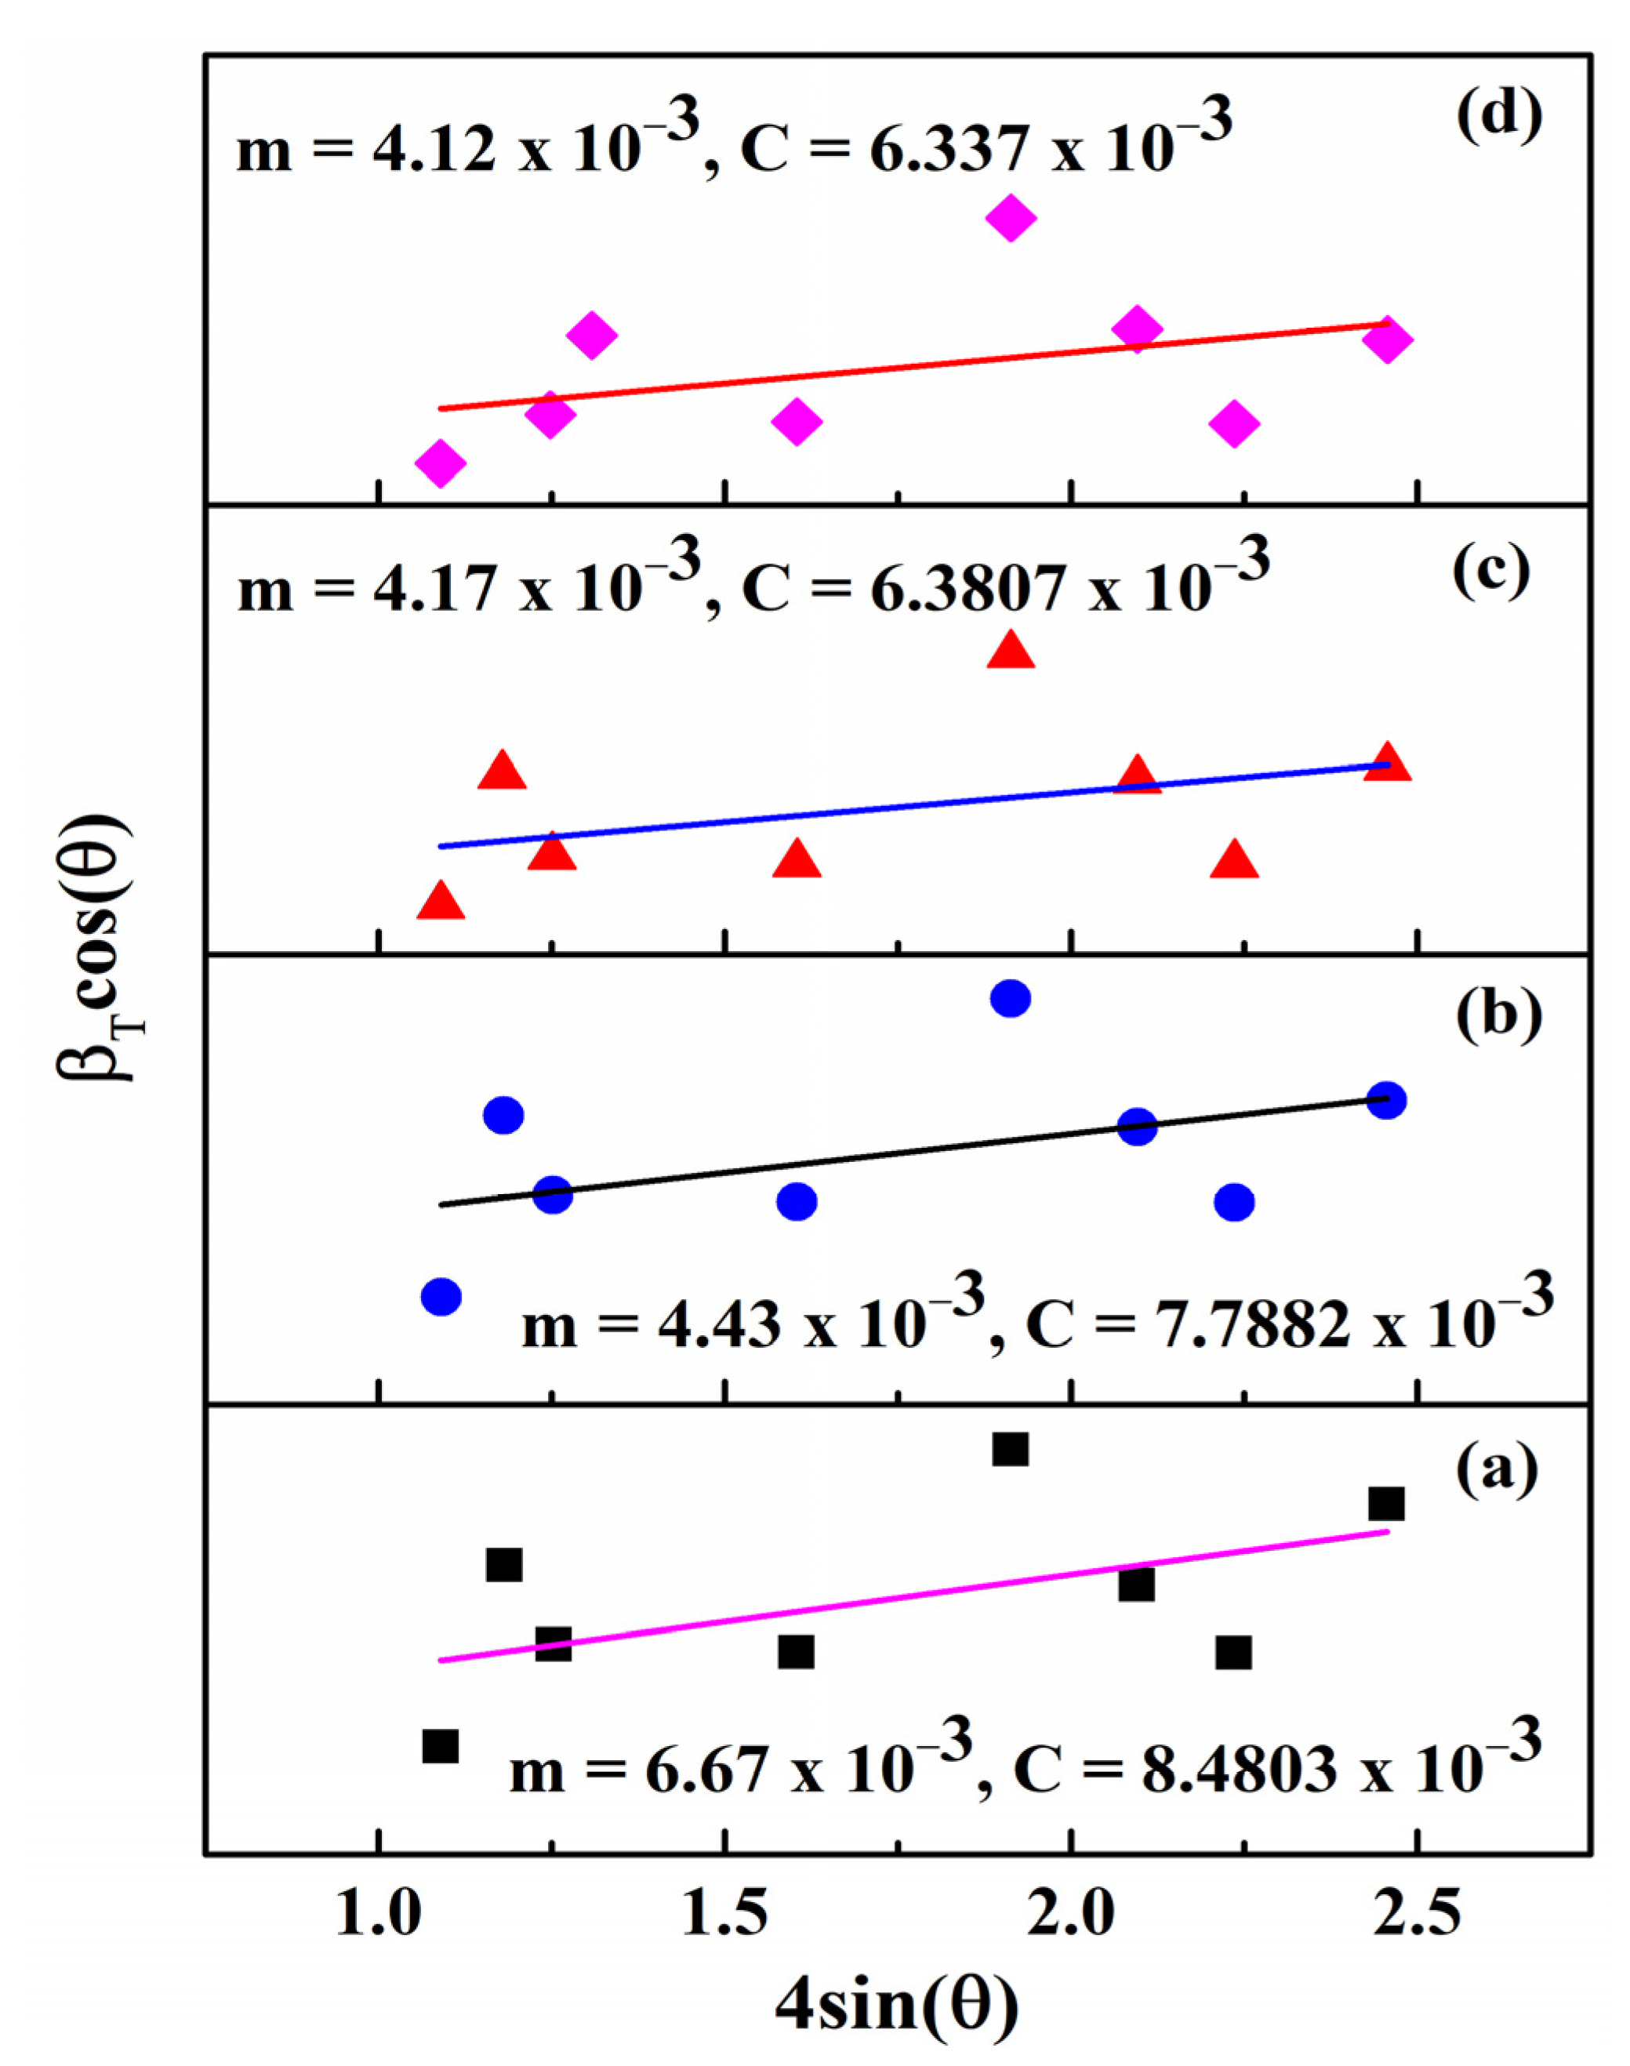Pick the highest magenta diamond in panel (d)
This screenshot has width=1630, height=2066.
[1011, 217]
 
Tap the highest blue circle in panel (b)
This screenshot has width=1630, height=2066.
[1011, 998]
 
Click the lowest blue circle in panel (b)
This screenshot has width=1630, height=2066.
[441, 1296]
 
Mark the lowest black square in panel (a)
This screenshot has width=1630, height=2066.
[440, 1745]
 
